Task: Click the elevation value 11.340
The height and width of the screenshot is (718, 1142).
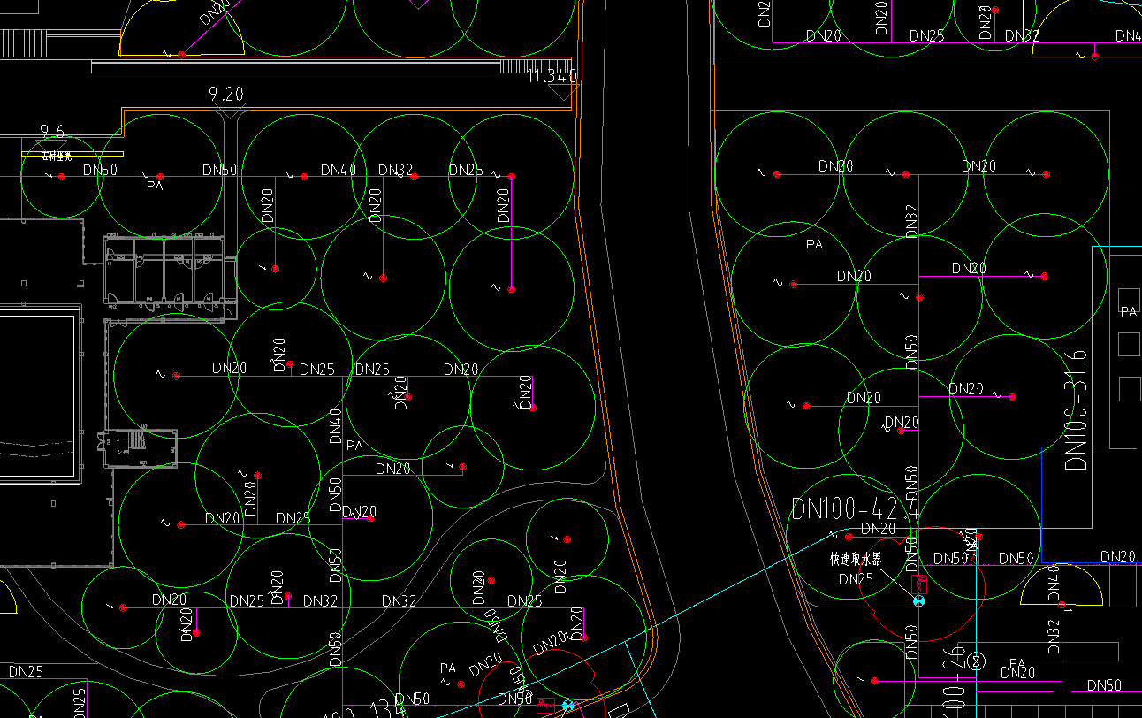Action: pyautogui.click(x=552, y=77)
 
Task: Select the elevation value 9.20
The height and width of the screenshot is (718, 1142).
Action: pyautogui.click(x=226, y=94)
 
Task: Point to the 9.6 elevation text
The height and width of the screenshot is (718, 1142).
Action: pyautogui.click(x=52, y=133)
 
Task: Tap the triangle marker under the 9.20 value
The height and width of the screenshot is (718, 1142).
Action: pyautogui.click(x=230, y=111)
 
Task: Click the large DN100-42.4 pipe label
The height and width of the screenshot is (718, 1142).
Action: pyautogui.click(x=855, y=510)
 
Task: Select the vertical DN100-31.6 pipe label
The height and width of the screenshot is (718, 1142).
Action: pyautogui.click(x=1076, y=409)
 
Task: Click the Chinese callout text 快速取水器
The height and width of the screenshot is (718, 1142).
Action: pyautogui.click(x=855, y=560)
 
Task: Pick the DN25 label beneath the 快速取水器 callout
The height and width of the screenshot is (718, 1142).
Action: pyautogui.click(x=856, y=580)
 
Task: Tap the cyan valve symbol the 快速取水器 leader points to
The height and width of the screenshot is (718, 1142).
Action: pyautogui.click(x=918, y=601)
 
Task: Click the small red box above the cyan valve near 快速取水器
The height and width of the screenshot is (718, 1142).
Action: pyautogui.click(x=919, y=584)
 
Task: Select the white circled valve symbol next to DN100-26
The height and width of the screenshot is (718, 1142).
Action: pyautogui.click(x=977, y=661)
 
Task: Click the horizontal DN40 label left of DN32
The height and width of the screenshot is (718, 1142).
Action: pyautogui.click(x=339, y=170)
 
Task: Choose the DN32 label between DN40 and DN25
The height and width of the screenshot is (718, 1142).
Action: pyautogui.click(x=396, y=170)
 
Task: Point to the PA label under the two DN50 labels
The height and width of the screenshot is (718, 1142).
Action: pyautogui.click(x=155, y=187)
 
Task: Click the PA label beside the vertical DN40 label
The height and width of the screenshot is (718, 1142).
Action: pyautogui.click(x=354, y=447)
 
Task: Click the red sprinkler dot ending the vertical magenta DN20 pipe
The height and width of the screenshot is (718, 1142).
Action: pyautogui.click(x=512, y=289)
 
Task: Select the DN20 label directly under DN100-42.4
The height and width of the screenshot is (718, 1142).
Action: pyautogui.click(x=878, y=529)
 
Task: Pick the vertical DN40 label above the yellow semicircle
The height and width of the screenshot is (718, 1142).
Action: pyautogui.click(x=1053, y=579)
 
